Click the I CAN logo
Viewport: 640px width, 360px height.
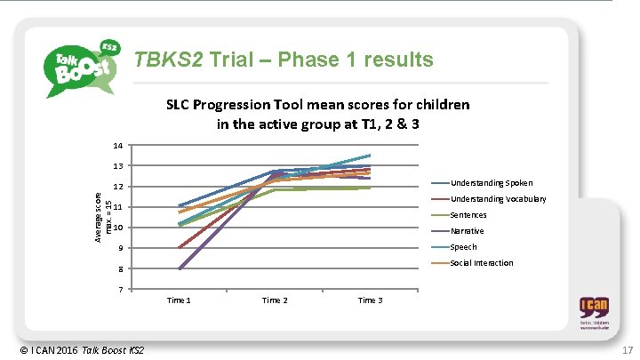[x=595, y=314]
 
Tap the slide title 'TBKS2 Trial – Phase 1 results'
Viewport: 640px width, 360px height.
[x=283, y=60]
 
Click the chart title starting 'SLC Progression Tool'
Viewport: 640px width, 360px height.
[x=317, y=114]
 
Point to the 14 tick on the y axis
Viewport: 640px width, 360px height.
[x=117, y=145]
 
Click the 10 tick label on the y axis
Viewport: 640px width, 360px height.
[x=117, y=228]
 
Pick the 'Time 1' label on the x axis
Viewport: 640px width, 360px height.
[x=178, y=300]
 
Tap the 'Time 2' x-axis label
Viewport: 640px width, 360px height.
[x=274, y=300]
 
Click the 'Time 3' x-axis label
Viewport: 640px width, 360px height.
[x=370, y=300]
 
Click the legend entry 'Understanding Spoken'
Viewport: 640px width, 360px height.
[x=492, y=183]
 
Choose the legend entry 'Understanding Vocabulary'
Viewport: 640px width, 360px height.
[x=498, y=199]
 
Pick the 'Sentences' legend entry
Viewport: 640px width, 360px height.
[x=468, y=215]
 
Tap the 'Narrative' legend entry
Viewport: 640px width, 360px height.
[x=468, y=231]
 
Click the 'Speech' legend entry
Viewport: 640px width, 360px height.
[x=463, y=247]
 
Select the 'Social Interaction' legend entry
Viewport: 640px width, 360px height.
[x=481, y=263]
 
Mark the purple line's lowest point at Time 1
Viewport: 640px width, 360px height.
[x=179, y=268]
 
